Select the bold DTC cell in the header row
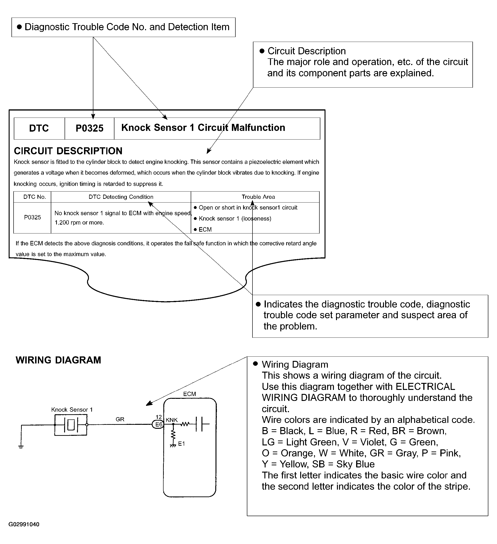tap(39, 128)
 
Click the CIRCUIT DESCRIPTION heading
tap(68, 151)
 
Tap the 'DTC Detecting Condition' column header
tap(121, 197)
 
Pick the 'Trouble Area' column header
tap(258, 197)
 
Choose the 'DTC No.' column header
tap(35, 197)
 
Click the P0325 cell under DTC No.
tap(32, 218)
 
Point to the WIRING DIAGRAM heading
tap(58, 360)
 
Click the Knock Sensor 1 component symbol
tap(71, 425)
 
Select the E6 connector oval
tap(158, 425)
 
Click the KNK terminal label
tap(172, 420)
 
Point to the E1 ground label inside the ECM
tap(182, 444)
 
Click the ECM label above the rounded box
tap(189, 394)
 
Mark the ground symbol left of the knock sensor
tap(21, 447)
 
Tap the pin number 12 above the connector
tap(159, 417)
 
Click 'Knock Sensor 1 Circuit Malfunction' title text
tap(203, 128)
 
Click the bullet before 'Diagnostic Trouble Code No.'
tap(19, 27)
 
